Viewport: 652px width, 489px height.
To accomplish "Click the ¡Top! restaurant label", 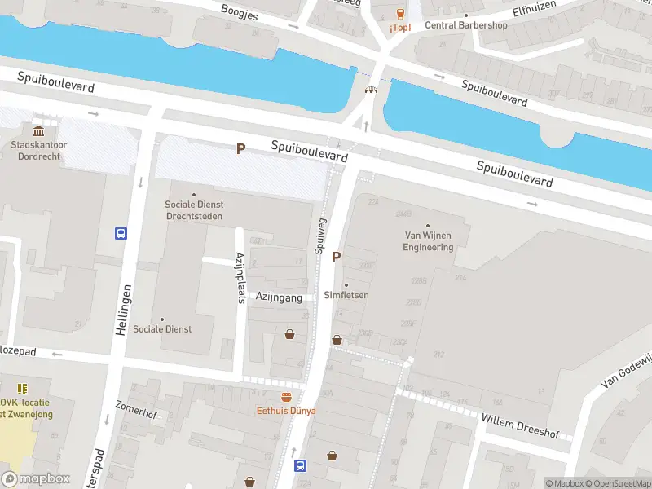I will [399, 28].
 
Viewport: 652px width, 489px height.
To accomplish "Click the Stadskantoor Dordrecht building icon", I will [38, 132].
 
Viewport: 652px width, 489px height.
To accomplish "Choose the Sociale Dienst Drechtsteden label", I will [194, 210].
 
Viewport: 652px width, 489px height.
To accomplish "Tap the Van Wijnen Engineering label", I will [428, 241].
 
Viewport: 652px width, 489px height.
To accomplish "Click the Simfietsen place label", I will [346, 295].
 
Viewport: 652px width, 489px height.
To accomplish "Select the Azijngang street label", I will [279, 298].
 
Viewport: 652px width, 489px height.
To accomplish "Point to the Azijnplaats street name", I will [240, 277].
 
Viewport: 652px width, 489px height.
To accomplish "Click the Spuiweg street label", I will [321, 236].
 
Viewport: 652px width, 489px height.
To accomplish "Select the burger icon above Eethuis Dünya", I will [286, 397].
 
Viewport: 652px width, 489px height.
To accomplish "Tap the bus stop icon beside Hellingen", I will [121, 234].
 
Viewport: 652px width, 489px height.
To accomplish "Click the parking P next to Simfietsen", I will [336, 258].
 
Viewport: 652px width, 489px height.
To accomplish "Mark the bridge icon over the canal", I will [371, 90].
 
